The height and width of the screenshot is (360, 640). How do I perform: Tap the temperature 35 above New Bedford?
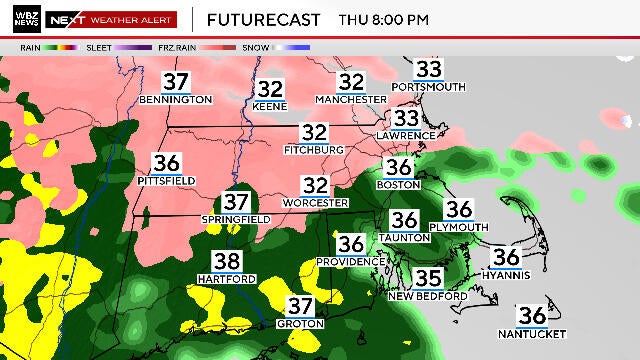(x=428, y=280)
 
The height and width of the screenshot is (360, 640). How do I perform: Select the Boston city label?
(x=398, y=185)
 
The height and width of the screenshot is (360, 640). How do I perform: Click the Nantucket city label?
(x=529, y=332)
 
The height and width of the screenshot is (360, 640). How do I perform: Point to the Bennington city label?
(x=177, y=100)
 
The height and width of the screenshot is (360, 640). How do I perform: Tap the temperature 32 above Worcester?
(x=316, y=186)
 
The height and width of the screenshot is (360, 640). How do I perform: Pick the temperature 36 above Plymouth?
(x=459, y=210)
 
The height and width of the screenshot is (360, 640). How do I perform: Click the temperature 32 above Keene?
(x=271, y=89)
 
